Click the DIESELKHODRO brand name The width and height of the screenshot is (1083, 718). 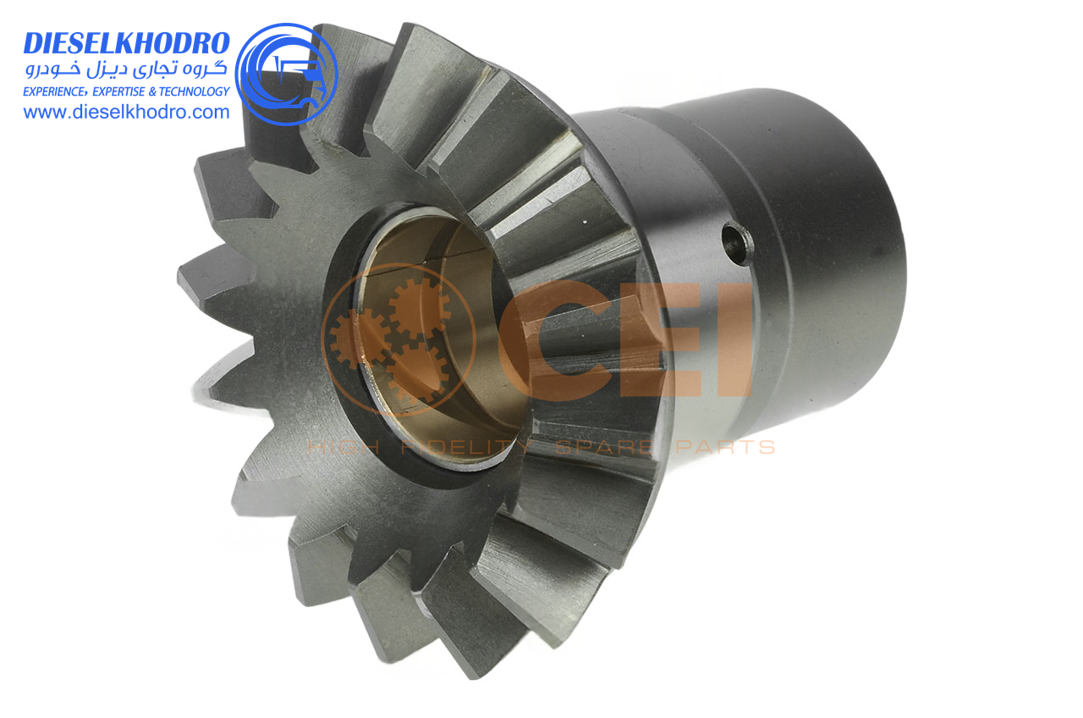pos(126,43)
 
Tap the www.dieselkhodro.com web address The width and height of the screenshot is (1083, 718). pos(126,113)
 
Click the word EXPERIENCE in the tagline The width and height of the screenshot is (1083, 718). pos(54,91)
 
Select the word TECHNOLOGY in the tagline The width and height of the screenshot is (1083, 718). pos(194,91)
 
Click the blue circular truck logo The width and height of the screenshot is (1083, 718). pos(286,74)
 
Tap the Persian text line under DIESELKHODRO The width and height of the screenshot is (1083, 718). pos(126,69)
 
